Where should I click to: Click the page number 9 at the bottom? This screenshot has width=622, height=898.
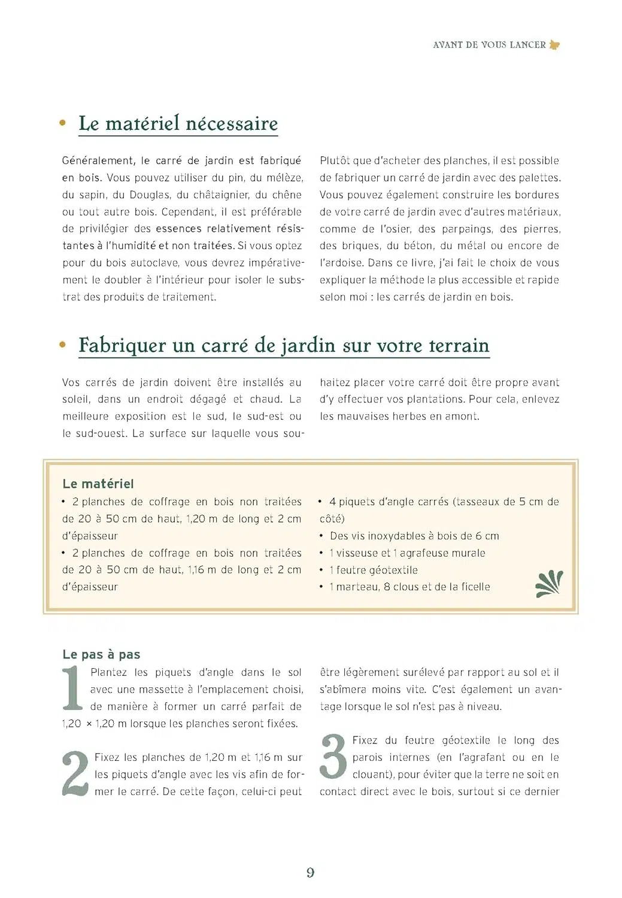(x=310, y=872)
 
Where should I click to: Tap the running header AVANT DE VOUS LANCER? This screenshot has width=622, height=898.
(x=489, y=45)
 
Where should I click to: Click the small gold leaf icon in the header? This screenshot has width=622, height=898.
(x=554, y=45)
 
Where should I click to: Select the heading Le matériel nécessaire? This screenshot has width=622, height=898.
(x=178, y=123)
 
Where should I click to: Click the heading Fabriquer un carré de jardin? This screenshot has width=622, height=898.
(x=284, y=345)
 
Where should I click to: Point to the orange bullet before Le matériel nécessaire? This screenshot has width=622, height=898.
(x=63, y=123)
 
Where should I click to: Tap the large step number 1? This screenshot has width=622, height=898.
(x=72, y=688)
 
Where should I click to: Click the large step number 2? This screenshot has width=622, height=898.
(x=75, y=774)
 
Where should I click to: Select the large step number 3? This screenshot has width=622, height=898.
(x=333, y=757)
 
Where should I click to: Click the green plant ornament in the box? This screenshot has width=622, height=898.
(x=549, y=584)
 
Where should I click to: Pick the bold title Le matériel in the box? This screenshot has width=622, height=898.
(x=98, y=484)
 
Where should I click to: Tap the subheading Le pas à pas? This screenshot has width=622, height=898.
(x=101, y=654)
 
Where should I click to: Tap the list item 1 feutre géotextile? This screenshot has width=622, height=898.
(x=373, y=570)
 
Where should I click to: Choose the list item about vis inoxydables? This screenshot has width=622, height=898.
(x=414, y=536)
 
